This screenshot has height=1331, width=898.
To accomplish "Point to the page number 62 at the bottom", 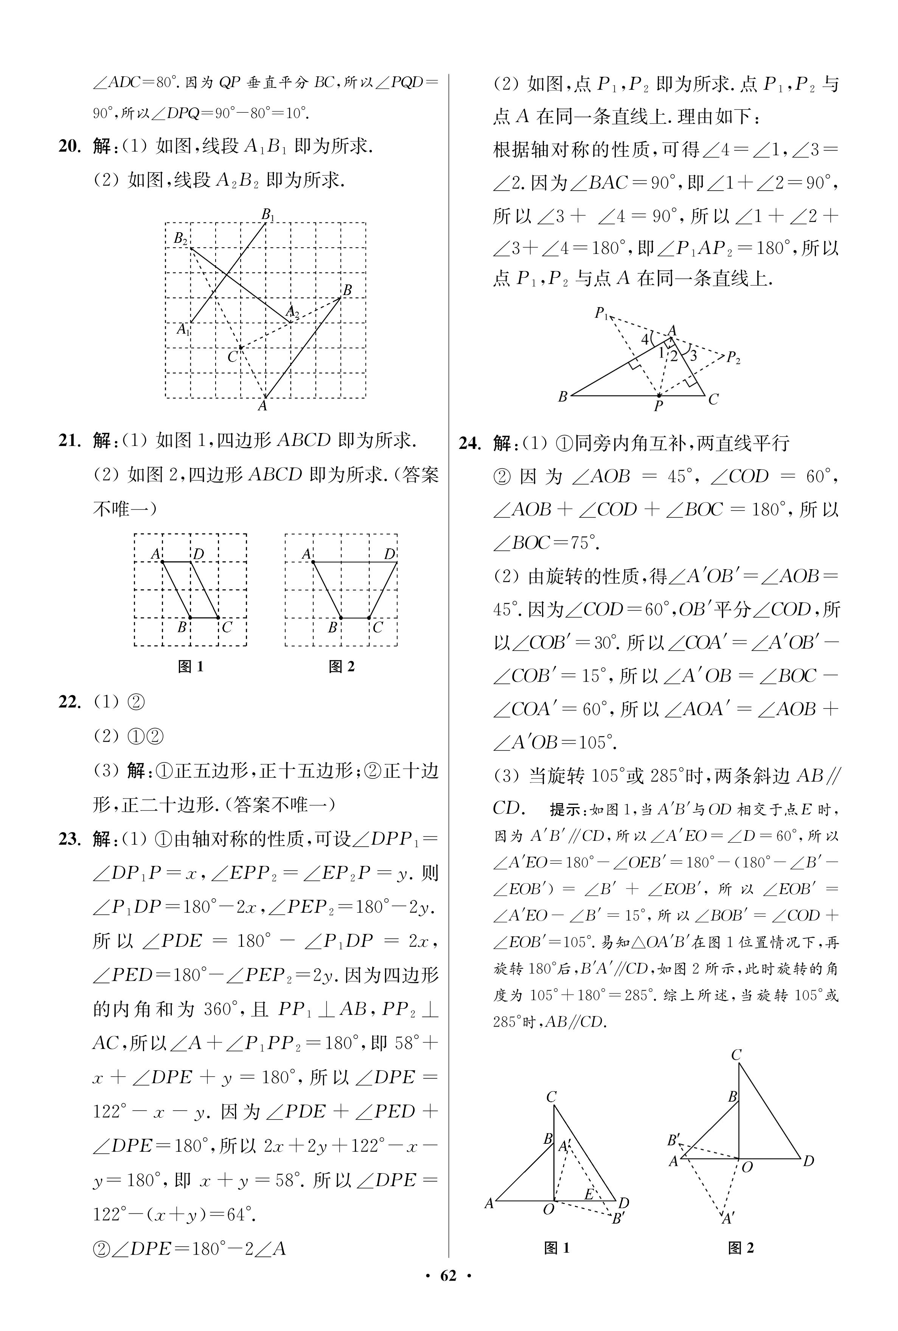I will coord(448,1292).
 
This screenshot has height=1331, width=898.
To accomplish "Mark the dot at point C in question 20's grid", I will coord(241,348).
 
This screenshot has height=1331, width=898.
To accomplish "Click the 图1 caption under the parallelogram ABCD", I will coord(191,666).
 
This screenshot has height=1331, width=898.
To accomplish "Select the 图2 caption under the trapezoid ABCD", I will coord(342,666).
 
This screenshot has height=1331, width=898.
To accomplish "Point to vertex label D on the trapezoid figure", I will coord(390,554).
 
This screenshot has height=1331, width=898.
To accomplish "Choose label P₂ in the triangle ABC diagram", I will coord(733,359).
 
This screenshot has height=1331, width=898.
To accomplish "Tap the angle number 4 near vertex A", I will coord(644,339).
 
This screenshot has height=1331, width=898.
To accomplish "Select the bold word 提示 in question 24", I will coord(565,809).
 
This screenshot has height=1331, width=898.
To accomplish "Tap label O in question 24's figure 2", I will coord(747,1167).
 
